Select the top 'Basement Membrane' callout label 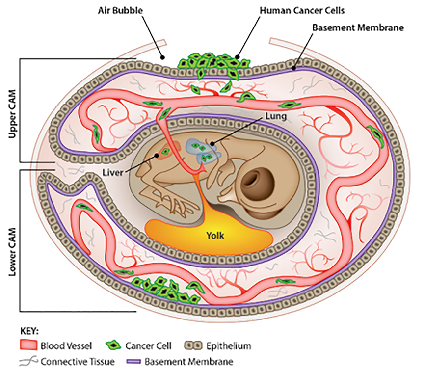(358, 28)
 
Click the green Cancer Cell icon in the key (117, 345)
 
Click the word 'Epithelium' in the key (229, 346)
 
